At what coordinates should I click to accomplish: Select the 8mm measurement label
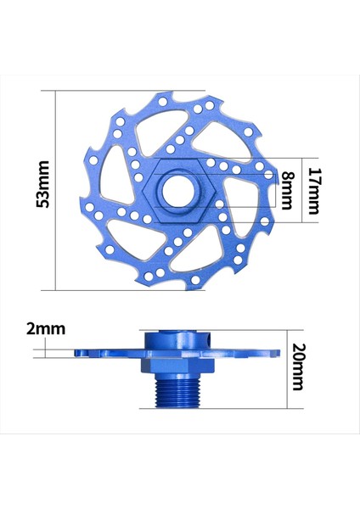coord(289,190)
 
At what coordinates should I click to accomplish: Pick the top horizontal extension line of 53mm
coord(127,91)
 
